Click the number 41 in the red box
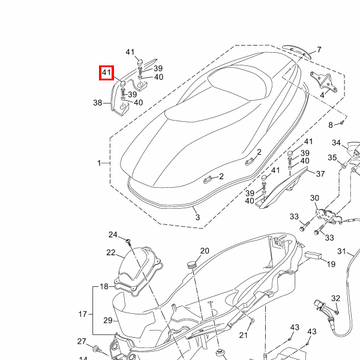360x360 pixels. tap(106, 73)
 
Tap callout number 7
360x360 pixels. tap(319, 50)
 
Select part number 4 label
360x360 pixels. tap(322, 95)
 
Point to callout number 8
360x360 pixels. tap(330, 125)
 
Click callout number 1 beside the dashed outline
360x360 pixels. tap(100, 163)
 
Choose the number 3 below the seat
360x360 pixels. tap(197, 217)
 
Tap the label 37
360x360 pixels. tap(320, 174)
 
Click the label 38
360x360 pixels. tap(98, 103)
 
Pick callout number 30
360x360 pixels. tap(314, 199)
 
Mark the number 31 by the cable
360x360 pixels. tap(342, 251)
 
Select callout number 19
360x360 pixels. tap(331, 264)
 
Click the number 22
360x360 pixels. tap(111, 253)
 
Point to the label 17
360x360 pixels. tap(83, 314)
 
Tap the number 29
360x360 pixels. tap(107, 320)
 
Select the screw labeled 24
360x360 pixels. tap(128, 241)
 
